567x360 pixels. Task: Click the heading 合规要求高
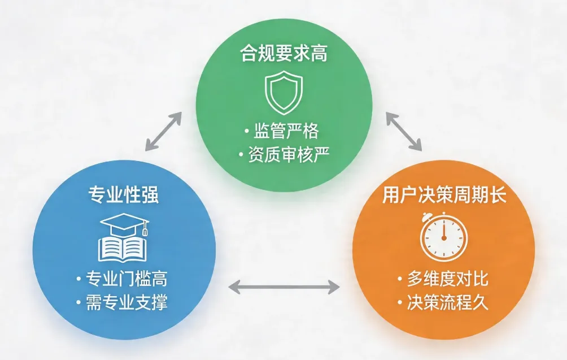pos(284,55)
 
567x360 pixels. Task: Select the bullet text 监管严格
pos(286,131)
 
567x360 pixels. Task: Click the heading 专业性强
pos(124,195)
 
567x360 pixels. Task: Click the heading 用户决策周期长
pos(443,196)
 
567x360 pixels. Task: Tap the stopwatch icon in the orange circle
pos(444,237)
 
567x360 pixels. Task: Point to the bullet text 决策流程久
pos(448,302)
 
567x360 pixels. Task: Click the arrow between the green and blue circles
pos(163,131)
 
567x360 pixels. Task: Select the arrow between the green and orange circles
pos(404,131)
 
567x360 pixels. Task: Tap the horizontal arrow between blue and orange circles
pos(283,287)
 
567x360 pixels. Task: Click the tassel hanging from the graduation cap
pos(145,229)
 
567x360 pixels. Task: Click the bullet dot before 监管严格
pos(246,132)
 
